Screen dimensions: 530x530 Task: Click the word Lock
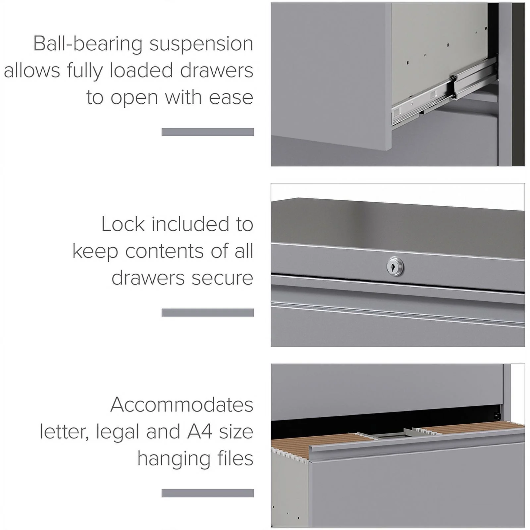tap(123, 224)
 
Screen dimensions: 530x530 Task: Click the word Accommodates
tap(182, 405)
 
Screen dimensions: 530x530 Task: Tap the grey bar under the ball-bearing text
tap(208, 132)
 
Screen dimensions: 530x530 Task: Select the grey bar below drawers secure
tap(208, 312)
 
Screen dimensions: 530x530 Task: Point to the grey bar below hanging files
tap(208, 493)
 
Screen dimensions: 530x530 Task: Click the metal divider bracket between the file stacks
tap(391, 434)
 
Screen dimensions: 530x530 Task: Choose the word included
tap(190, 224)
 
